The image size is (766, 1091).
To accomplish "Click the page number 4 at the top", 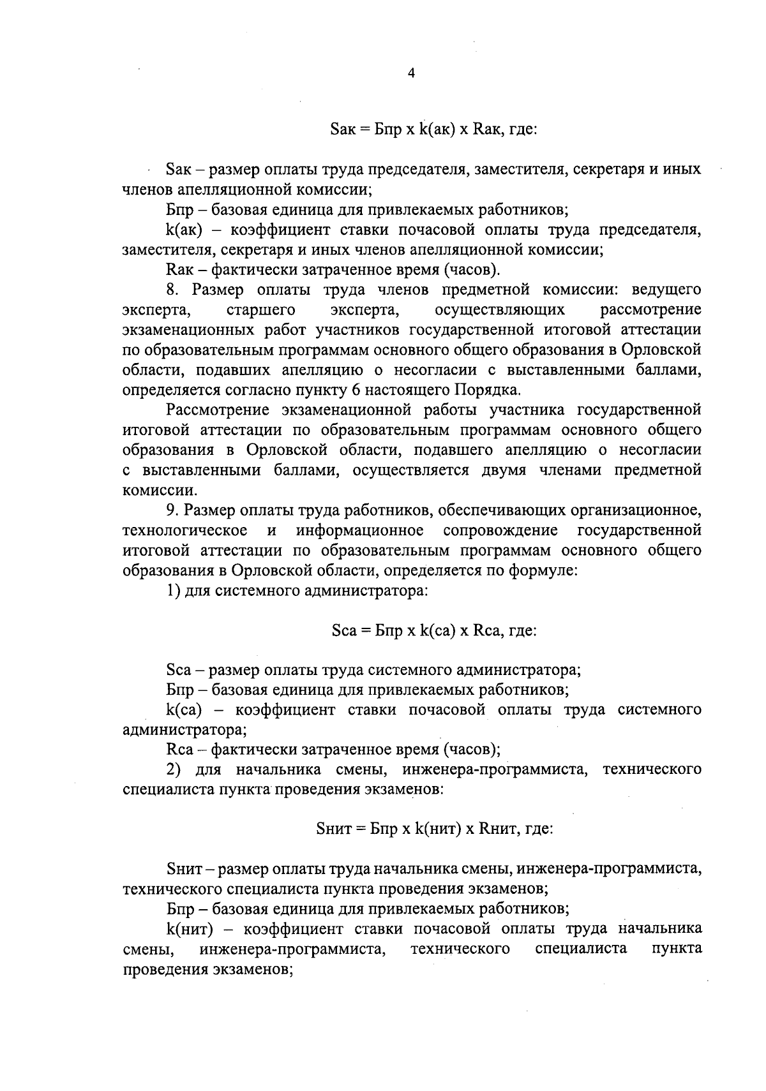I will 411,73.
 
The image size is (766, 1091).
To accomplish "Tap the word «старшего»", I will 261,310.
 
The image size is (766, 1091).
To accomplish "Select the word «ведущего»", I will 666,290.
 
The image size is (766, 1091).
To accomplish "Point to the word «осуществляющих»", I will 499,310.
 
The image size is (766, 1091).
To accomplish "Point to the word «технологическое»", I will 184,531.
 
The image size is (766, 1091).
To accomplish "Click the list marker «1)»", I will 174,591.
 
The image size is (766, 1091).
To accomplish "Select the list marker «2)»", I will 175,769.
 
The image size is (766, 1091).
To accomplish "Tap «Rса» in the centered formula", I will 484,631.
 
